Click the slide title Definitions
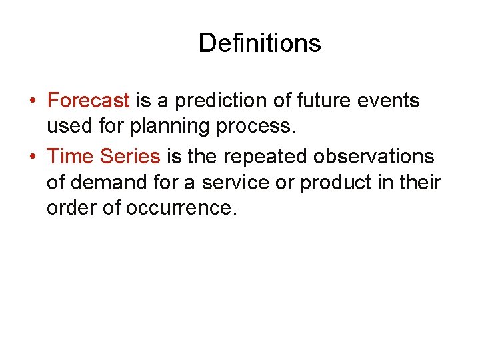coord(259,43)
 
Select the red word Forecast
coord(89,101)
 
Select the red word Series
coord(130,157)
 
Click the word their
coord(421,182)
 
